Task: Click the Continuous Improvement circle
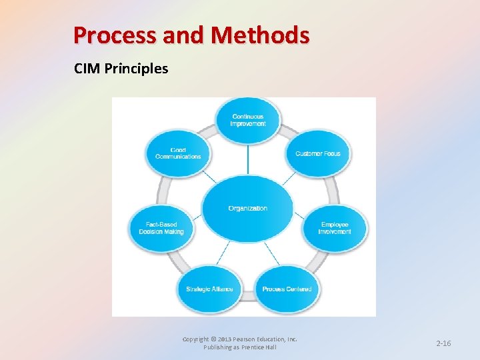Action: point(248,121)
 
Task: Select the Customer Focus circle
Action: point(317,153)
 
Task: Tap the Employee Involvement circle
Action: point(335,228)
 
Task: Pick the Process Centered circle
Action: point(287,289)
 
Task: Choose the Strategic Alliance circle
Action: point(209,289)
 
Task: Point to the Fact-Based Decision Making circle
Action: point(161,228)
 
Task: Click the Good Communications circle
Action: point(178,153)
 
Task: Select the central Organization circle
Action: point(247,208)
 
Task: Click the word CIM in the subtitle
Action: point(85,69)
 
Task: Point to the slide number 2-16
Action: point(443,343)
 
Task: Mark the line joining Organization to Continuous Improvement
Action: point(248,159)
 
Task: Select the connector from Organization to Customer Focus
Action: point(288,178)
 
